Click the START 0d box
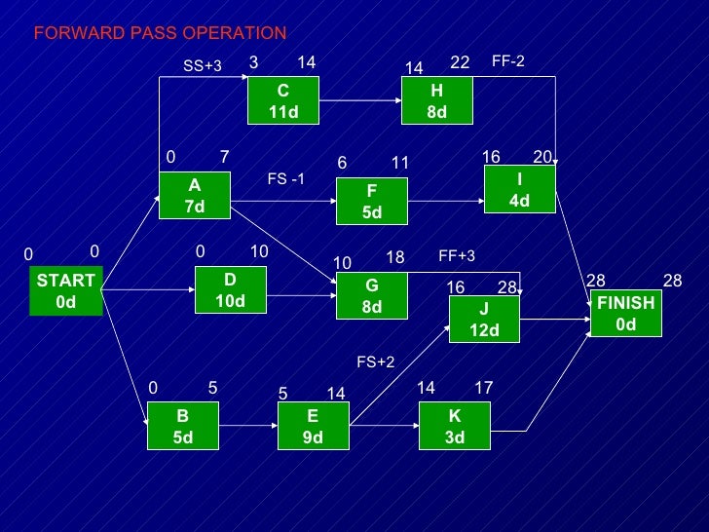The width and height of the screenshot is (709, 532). [65, 291]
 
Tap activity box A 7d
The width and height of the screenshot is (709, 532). [195, 195]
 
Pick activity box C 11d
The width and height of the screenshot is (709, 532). [282, 101]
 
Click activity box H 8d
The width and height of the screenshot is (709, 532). [436, 101]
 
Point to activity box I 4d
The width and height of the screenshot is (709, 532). [519, 189]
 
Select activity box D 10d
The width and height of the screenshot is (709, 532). [230, 290]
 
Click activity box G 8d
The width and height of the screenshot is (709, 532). [371, 296]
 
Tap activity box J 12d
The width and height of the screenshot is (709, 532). [484, 321]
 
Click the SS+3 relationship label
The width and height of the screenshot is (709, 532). [203, 66]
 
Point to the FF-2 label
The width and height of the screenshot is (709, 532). [507, 60]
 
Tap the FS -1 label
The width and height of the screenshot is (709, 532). [285, 178]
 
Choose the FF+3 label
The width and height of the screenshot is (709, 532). [456, 256]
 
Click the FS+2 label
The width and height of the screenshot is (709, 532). [375, 361]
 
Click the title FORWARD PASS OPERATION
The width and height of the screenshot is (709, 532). [160, 33]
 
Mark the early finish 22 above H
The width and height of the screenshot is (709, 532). [460, 62]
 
